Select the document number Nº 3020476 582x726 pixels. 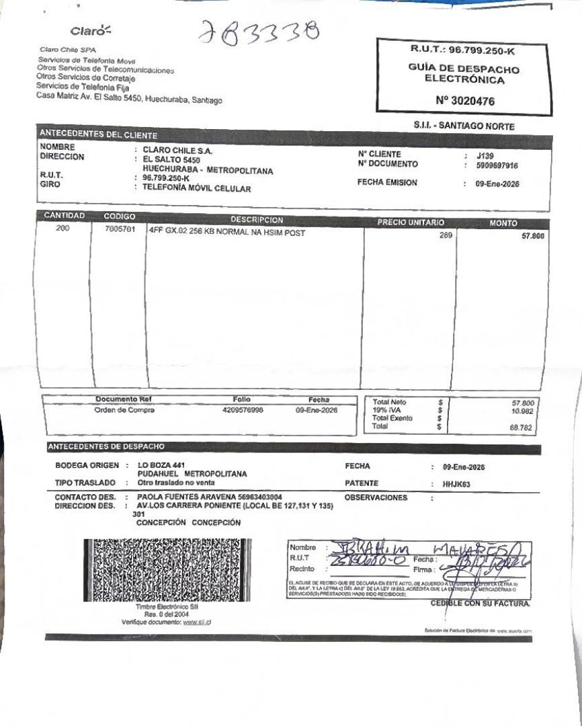click(x=465, y=102)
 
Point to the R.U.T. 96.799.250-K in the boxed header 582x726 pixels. click(x=464, y=50)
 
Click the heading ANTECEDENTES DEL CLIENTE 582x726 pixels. click(x=98, y=134)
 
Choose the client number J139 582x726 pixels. click(x=485, y=155)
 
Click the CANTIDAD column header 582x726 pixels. click(x=65, y=216)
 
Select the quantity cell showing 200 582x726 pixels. click(x=63, y=229)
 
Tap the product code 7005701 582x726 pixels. click(x=120, y=229)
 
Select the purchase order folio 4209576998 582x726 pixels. click(x=243, y=410)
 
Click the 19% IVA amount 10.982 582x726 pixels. click(x=522, y=410)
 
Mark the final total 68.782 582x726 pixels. click(x=522, y=426)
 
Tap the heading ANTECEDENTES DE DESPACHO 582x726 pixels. click(x=106, y=446)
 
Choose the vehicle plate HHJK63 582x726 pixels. click(x=456, y=483)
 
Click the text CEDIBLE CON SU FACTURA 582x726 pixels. click(x=480, y=604)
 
